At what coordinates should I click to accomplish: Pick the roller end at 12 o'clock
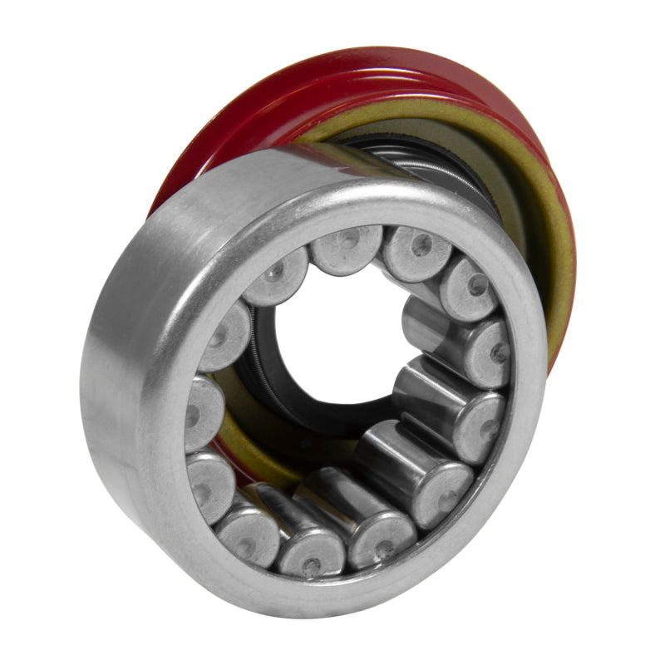tap(347, 246)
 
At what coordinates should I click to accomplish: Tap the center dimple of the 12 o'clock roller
tap(347, 244)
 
